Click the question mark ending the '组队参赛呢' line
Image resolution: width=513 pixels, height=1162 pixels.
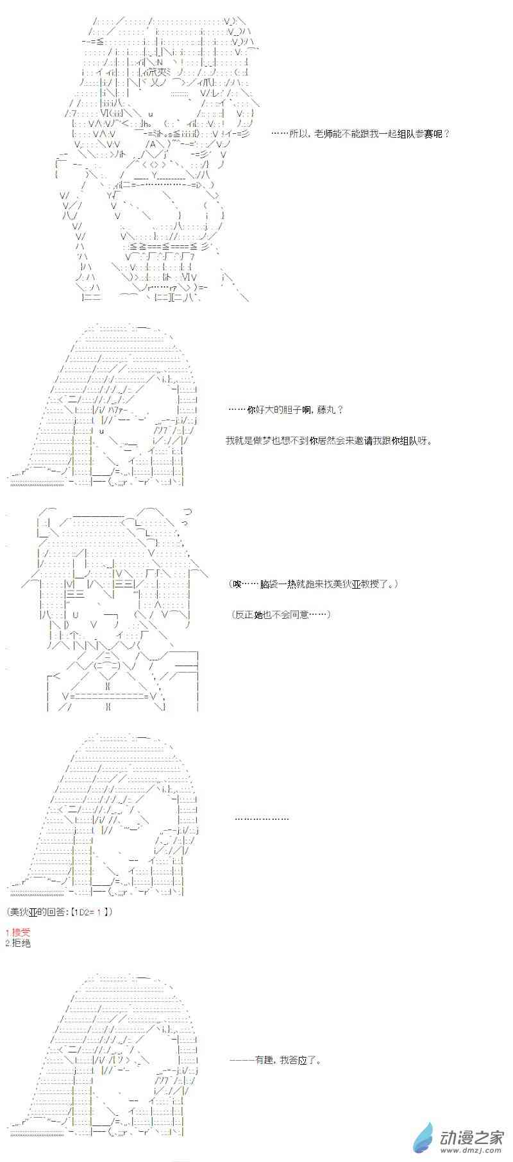coord(446,134)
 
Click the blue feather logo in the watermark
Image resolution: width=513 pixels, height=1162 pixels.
coord(423,1138)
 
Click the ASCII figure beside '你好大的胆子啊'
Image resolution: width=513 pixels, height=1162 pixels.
coord(106,404)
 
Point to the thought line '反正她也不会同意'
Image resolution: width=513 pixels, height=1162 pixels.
coord(282,614)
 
